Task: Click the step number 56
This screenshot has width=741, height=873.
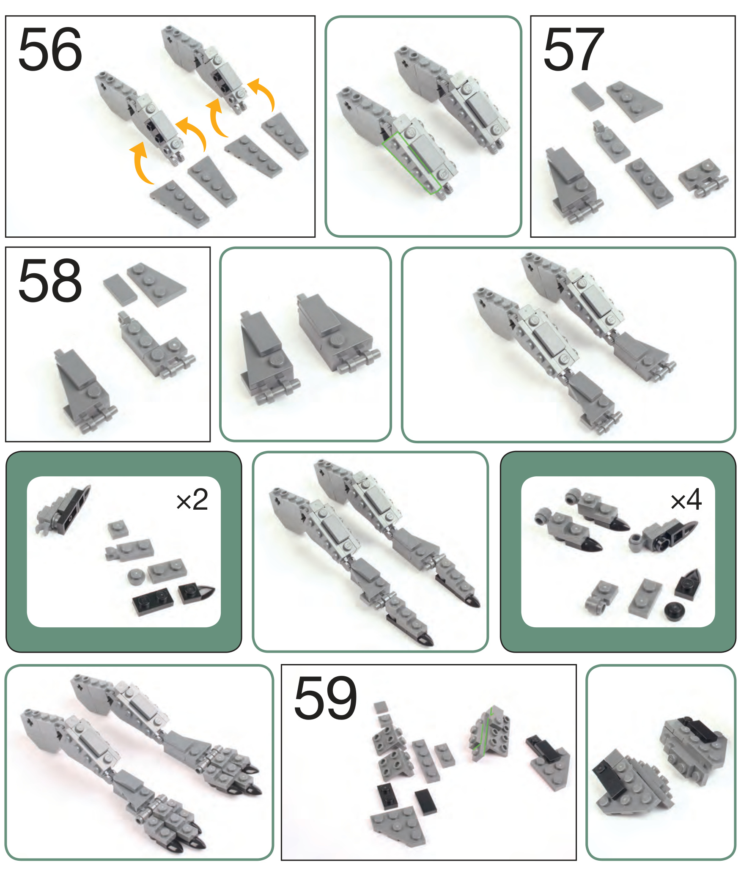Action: click(x=50, y=49)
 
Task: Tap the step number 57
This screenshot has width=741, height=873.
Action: click(x=574, y=49)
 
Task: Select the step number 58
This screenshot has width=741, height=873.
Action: click(x=50, y=280)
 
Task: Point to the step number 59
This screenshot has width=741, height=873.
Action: click(x=326, y=698)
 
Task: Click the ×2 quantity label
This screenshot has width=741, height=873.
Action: click(x=192, y=500)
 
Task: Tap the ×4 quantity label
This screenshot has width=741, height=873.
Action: click(x=686, y=500)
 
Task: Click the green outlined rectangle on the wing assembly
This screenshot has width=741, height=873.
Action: click(x=412, y=163)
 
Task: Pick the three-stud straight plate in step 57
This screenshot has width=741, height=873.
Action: click(x=649, y=183)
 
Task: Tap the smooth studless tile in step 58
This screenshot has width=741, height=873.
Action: click(x=120, y=289)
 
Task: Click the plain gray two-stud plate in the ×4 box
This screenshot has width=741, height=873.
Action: click(x=645, y=598)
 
